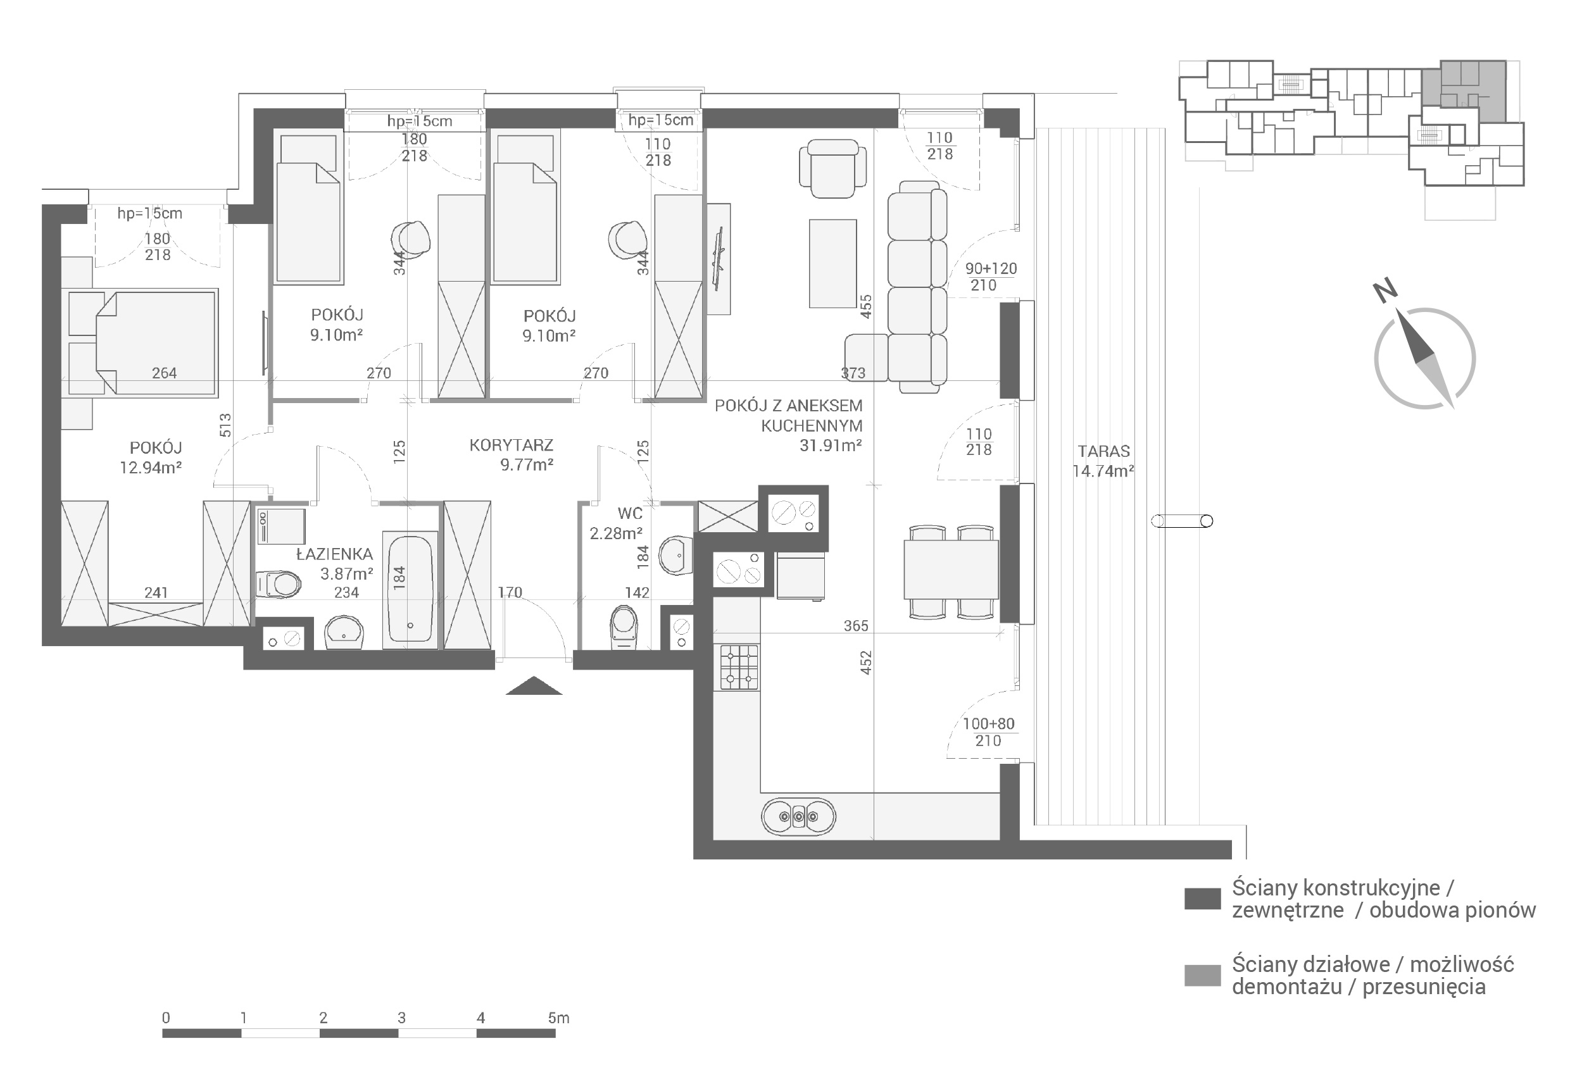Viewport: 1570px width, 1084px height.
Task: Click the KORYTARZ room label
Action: [x=511, y=445]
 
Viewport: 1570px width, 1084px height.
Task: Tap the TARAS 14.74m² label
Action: [x=1103, y=461]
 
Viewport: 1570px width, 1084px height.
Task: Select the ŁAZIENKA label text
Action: [x=334, y=554]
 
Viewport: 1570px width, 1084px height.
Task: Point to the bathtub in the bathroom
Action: [x=410, y=589]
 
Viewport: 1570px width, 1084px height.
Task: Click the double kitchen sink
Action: [x=799, y=816]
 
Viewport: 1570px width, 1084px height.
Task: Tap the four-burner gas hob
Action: [x=739, y=667]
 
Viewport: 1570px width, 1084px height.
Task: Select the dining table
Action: [x=951, y=569]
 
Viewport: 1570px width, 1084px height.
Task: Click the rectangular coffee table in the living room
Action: [x=833, y=263]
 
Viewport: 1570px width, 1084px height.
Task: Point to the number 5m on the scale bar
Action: [x=558, y=1018]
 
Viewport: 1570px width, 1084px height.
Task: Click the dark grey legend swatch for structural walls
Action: [x=1202, y=898]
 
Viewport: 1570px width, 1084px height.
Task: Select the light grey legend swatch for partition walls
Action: [x=1202, y=975]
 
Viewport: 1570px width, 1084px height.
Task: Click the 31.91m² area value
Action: [x=831, y=445]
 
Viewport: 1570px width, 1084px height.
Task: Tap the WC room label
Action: [x=630, y=513]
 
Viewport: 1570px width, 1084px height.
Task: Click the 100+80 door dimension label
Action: [x=988, y=724]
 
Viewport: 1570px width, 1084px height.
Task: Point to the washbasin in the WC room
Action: [x=675, y=555]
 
